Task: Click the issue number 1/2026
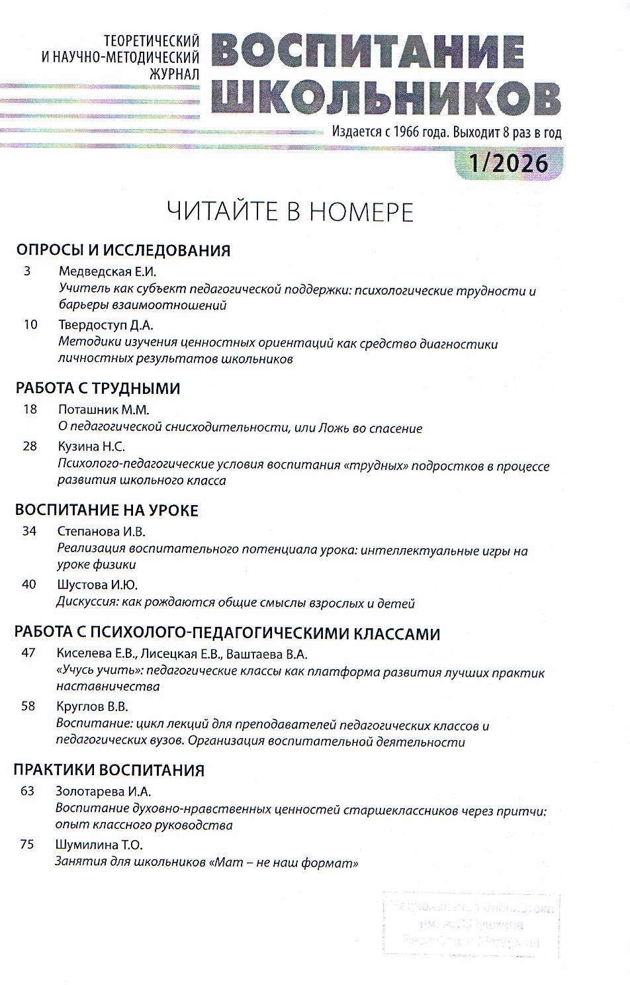(508, 163)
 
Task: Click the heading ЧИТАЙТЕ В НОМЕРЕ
(290, 212)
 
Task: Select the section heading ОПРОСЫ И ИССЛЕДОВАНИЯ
(123, 250)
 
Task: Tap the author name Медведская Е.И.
(107, 271)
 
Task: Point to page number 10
(30, 324)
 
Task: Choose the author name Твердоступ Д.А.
(106, 325)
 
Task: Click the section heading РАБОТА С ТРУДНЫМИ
(98, 389)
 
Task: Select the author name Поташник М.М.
(104, 410)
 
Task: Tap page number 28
(30, 446)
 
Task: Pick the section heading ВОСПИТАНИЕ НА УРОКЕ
(107, 510)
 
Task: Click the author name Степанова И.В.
(101, 532)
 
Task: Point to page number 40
(29, 585)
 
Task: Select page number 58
(28, 706)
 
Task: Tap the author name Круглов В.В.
(92, 707)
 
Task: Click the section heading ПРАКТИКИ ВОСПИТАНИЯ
(109, 771)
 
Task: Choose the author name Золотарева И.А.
(103, 792)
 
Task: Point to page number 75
(27, 845)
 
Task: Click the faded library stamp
(471, 924)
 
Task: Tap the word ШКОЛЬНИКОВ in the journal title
(386, 98)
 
